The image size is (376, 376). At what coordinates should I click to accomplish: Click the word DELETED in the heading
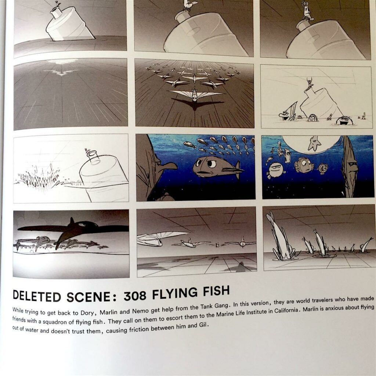[37, 296]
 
